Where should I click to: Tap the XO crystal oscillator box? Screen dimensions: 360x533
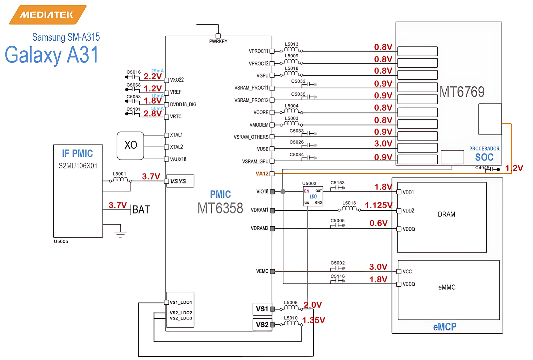point(131,146)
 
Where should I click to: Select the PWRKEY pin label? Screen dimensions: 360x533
point(218,42)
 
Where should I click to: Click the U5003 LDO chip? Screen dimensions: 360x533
point(313,196)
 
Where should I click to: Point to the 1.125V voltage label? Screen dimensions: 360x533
point(378,205)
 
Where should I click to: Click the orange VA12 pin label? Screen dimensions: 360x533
point(262,174)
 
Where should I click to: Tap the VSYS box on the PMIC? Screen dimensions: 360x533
point(180,181)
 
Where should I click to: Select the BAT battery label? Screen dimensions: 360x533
point(141,210)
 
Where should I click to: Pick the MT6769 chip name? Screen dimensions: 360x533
point(462,92)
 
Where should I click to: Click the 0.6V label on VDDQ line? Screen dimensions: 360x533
point(378,223)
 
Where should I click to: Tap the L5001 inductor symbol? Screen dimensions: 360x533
point(120,180)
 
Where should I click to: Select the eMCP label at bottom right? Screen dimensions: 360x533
point(444,327)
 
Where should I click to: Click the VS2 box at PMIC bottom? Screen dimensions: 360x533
point(262,325)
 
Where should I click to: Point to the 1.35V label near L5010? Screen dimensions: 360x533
point(313,320)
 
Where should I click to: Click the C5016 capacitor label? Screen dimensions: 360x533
point(134,72)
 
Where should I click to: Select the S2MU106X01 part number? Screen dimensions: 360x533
point(78,166)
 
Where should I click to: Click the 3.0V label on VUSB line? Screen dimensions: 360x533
point(383,144)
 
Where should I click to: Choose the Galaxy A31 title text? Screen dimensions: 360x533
point(52,55)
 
